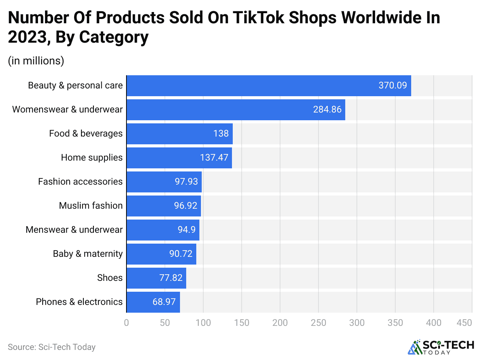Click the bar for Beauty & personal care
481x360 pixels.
pos(268,85)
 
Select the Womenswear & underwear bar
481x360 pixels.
pos(235,109)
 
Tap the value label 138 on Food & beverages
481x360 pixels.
pos(221,133)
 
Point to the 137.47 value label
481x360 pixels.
pos(214,157)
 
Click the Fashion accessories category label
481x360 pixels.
pos(80,182)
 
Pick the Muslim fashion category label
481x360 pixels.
pos(91,206)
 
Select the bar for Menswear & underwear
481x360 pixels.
pos(163,230)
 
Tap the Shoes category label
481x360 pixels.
pos(110,278)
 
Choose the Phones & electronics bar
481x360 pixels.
pos(153,302)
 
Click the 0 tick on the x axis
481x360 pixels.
pos(126,322)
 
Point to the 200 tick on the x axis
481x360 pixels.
pos(280,322)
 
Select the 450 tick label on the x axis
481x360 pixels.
pos(464,322)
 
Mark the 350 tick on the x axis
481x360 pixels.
pos(395,322)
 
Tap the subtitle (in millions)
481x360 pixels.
pos(36,61)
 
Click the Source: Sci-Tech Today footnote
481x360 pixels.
pos(52,347)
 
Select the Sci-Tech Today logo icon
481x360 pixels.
pos(415,347)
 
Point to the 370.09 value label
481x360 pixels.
pos(393,85)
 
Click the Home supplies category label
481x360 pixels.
pos(92,157)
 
